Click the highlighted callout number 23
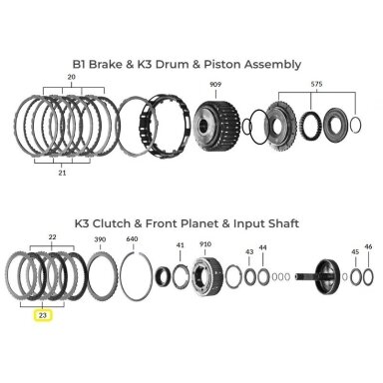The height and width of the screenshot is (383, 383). [43, 315]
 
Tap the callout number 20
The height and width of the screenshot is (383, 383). [71, 77]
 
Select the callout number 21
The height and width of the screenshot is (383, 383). [62, 173]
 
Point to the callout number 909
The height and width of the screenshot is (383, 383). [215, 85]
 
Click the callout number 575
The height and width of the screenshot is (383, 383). [316, 85]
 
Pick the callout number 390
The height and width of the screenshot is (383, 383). [100, 239]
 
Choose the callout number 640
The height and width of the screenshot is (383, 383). [133, 239]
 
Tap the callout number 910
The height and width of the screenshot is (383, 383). [205, 244]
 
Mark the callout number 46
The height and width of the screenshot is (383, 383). [368, 247]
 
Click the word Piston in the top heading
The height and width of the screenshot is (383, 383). [222, 64]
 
